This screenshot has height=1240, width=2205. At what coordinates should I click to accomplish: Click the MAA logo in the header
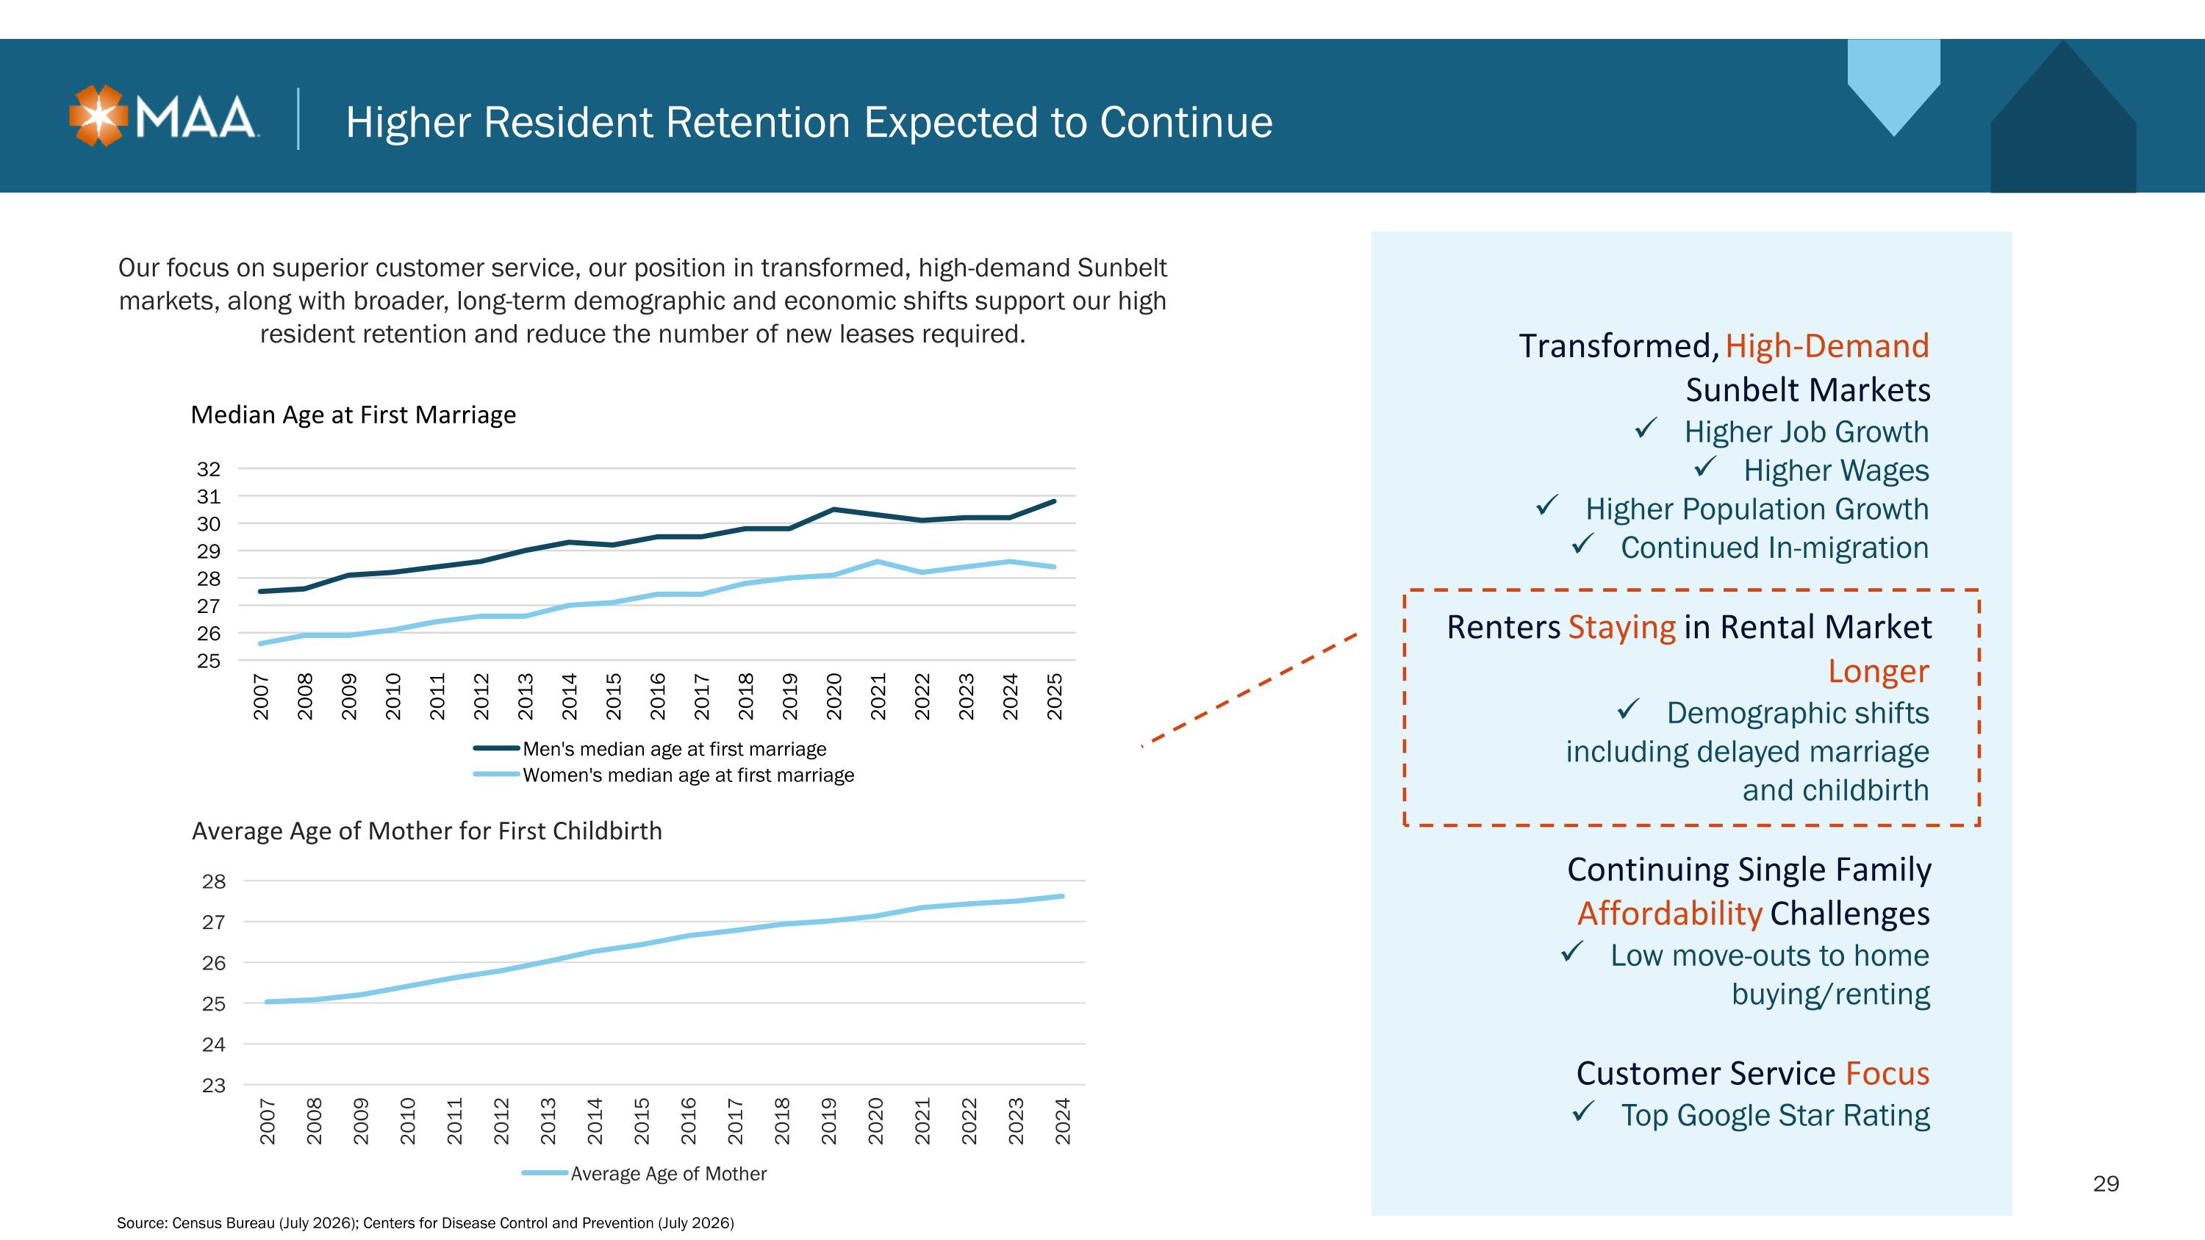[162, 116]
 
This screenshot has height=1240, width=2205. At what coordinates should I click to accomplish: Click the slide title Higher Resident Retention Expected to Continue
[809, 121]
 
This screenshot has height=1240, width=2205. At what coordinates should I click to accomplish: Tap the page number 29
[2106, 1183]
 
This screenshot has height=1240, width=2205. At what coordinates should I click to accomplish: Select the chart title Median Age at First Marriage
[353, 415]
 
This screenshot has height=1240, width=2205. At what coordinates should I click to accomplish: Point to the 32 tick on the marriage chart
[209, 469]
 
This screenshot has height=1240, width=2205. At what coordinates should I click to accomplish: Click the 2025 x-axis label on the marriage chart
[1055, 696]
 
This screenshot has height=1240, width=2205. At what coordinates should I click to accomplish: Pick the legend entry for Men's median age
[650, 749]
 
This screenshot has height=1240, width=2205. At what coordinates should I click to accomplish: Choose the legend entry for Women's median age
[664, 775]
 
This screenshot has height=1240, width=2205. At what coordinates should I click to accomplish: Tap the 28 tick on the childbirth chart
[214, 881]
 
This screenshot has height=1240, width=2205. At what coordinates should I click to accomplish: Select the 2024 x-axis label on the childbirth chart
[1062, 1121]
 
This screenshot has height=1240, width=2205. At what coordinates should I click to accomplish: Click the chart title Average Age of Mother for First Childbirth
[427, 831]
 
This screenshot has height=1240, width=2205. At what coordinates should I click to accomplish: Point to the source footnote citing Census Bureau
[426, 1224]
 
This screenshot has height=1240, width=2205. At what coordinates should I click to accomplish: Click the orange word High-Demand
[1827, 345]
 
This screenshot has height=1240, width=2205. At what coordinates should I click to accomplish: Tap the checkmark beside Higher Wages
[1705, 467]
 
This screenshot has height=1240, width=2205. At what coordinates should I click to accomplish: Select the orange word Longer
[1879, 671]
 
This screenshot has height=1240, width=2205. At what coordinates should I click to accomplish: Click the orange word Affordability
[1670, 913]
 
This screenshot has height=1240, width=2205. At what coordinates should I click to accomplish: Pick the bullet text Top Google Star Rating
[1775, 1115]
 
